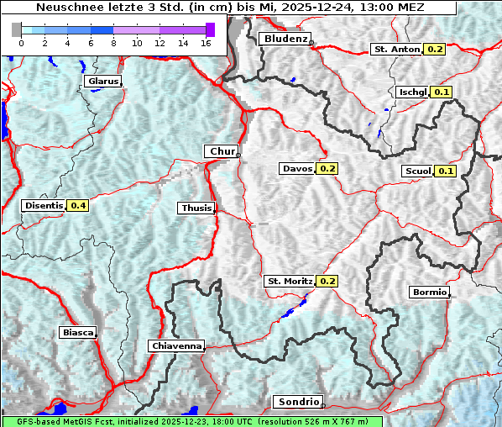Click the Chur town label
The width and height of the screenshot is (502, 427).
point(222,151)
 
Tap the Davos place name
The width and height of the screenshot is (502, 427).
point(297,169)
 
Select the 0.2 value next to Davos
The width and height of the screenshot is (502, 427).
point(327,169)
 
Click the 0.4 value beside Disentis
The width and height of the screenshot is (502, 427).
point(79,205)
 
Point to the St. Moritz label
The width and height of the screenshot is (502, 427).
point(290,281)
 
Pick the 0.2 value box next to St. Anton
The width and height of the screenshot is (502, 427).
point(435,50)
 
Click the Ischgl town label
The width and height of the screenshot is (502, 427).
point(413,92)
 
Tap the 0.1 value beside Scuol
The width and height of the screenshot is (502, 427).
point(446,171)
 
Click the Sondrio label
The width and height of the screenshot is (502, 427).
point(299,402)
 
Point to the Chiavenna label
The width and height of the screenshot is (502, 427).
point(176,345)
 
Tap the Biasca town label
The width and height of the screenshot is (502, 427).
point(77,332)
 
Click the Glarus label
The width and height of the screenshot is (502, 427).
point(102,82)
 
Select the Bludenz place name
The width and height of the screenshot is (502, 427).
point(285,39)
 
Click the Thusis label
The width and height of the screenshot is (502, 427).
point(196,208)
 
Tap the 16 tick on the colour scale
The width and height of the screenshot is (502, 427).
point(206,42)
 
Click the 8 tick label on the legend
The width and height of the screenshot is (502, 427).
point(113,42)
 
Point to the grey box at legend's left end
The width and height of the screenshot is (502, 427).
point(17,29)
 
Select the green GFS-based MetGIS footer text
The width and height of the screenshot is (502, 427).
point(191,421)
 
